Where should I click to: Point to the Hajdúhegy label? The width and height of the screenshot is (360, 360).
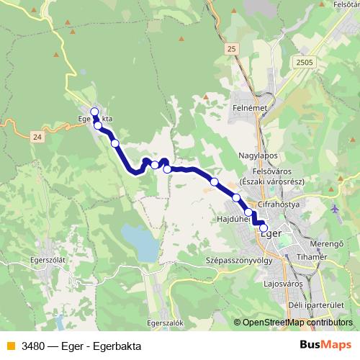(232, 217)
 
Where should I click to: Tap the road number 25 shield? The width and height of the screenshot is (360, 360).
(230, 48)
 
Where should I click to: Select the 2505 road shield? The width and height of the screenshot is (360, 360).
(304, 63)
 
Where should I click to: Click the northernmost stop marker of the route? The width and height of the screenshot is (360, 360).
(94, 111)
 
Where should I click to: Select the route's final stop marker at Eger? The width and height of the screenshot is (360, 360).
(264, 228)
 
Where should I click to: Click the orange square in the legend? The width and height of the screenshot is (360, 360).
(10, 346)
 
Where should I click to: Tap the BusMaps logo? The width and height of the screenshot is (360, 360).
(325, 345)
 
